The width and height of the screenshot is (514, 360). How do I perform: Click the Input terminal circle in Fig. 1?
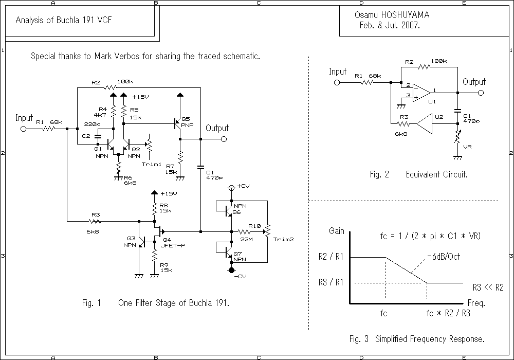click(23, 129)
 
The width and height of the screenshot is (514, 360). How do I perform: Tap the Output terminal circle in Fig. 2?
click(480, 93)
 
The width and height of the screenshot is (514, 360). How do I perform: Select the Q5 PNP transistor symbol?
click(178, 124)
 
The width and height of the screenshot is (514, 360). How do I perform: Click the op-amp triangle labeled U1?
click(423, 92)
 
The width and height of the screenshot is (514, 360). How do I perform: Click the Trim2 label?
click(283, 240)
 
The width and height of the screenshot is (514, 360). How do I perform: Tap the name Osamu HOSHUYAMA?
click(392, 15)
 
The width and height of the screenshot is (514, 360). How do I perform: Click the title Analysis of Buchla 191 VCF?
click(64, 20)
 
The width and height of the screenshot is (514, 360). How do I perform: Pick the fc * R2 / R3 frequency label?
click(448, 313)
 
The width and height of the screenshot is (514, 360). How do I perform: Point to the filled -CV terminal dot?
click(231, 270)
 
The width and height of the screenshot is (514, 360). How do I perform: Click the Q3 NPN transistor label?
click(131, 242)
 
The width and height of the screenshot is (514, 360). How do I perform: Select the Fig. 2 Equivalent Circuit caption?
click(419, 174)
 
